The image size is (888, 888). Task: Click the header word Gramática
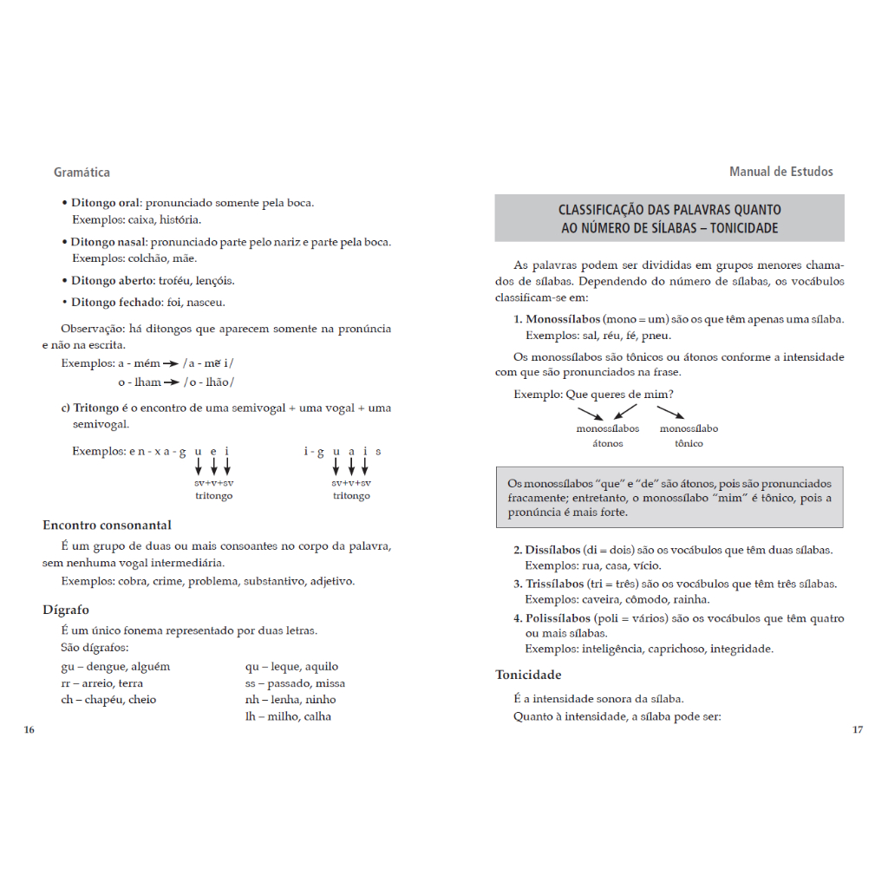pos(82,173)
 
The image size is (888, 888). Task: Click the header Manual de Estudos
pos(780,172)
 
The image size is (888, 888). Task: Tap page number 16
pos(29,730)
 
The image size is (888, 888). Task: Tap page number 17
pos(858,730)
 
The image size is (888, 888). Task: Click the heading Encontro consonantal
pos(107,525)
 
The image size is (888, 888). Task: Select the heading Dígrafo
pos(66,610)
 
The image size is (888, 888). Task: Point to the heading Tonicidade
pos(528,675)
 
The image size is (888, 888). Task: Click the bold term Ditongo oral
pos(105,203)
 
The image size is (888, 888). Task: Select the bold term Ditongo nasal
pos(108,242)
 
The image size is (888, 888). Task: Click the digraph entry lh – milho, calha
pos(288,716)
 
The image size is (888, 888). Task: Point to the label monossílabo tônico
pos(689,436)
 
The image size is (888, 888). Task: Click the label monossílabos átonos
pos(607,436)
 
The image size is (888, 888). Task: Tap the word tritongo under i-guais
pos(351,496)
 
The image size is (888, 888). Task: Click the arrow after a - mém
pos(171,363)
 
